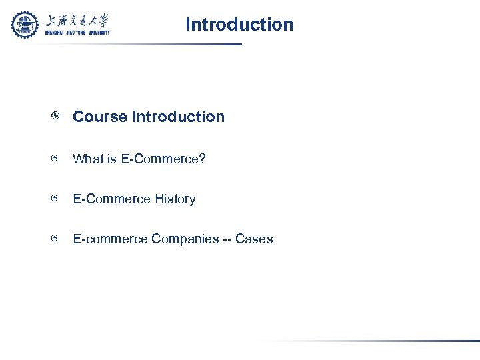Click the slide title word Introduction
tap(239, 25)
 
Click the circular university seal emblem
tap(25, 25)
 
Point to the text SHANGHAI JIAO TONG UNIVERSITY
tap(77, 32)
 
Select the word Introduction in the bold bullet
tap(179, 117)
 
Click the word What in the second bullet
tap(87, 159)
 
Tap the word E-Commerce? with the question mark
tap(163, 159)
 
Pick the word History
tap(175, 199)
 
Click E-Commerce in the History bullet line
tap(112, 199)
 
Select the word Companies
tap(185, 239)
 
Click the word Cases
tap(254, 239)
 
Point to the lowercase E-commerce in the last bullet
tap(110, 239)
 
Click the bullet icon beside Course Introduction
tap(57, 117)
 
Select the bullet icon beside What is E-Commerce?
tap(57, 159)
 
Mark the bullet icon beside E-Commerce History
tap(57, 199)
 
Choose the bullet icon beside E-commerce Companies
tap(57, 239)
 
